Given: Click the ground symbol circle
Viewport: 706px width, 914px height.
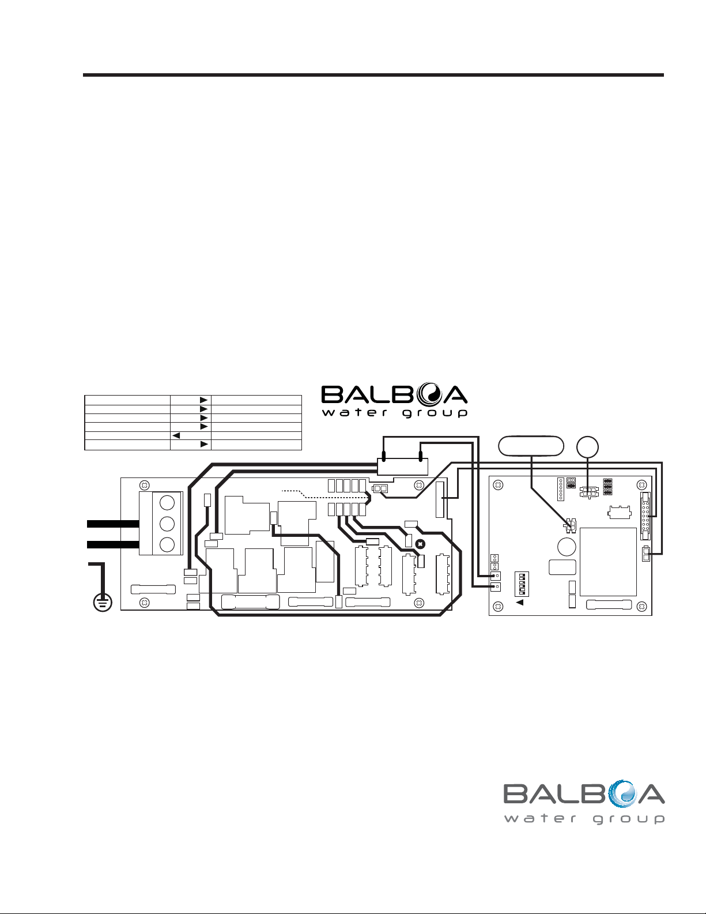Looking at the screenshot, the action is [103, 602].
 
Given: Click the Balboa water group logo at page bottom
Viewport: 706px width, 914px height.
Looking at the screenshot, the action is [584, 802].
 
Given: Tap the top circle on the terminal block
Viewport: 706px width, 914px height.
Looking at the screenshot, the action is [167, 502].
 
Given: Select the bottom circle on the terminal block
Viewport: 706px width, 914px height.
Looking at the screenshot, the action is [167, 544].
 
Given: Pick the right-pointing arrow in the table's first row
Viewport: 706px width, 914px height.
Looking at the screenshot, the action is [203, 399].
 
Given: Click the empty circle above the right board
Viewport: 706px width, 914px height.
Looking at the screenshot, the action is [587, 447].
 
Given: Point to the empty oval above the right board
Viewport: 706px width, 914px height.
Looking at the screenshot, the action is [530, 446].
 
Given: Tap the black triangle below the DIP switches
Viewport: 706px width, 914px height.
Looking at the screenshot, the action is [519, 602].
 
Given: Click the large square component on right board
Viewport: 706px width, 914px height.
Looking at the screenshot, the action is [608, 562].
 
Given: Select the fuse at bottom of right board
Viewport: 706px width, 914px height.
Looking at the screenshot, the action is [609, 605].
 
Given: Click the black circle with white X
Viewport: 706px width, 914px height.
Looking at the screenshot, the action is [421, 544].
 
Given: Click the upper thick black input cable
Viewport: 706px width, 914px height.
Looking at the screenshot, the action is [113, 524].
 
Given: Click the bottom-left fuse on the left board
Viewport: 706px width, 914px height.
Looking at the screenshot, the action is [153, 589].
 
